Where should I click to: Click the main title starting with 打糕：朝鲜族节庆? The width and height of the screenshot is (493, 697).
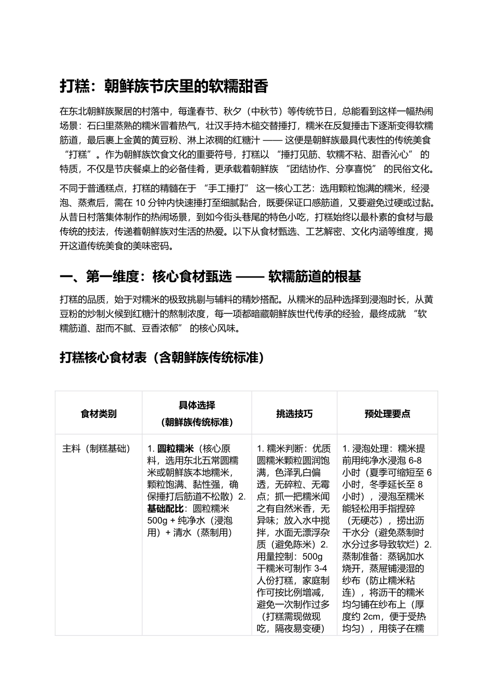[163, 86]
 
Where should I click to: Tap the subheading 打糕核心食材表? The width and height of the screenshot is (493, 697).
[161, 358]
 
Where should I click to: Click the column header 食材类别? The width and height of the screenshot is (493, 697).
[99, 414]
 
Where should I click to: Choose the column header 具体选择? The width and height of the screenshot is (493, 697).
[197, 406]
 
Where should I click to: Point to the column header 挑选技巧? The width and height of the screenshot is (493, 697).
[294, 414]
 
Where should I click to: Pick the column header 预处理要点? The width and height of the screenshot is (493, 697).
[387, 414]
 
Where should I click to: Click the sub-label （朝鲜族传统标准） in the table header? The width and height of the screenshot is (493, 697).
[197, 422]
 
